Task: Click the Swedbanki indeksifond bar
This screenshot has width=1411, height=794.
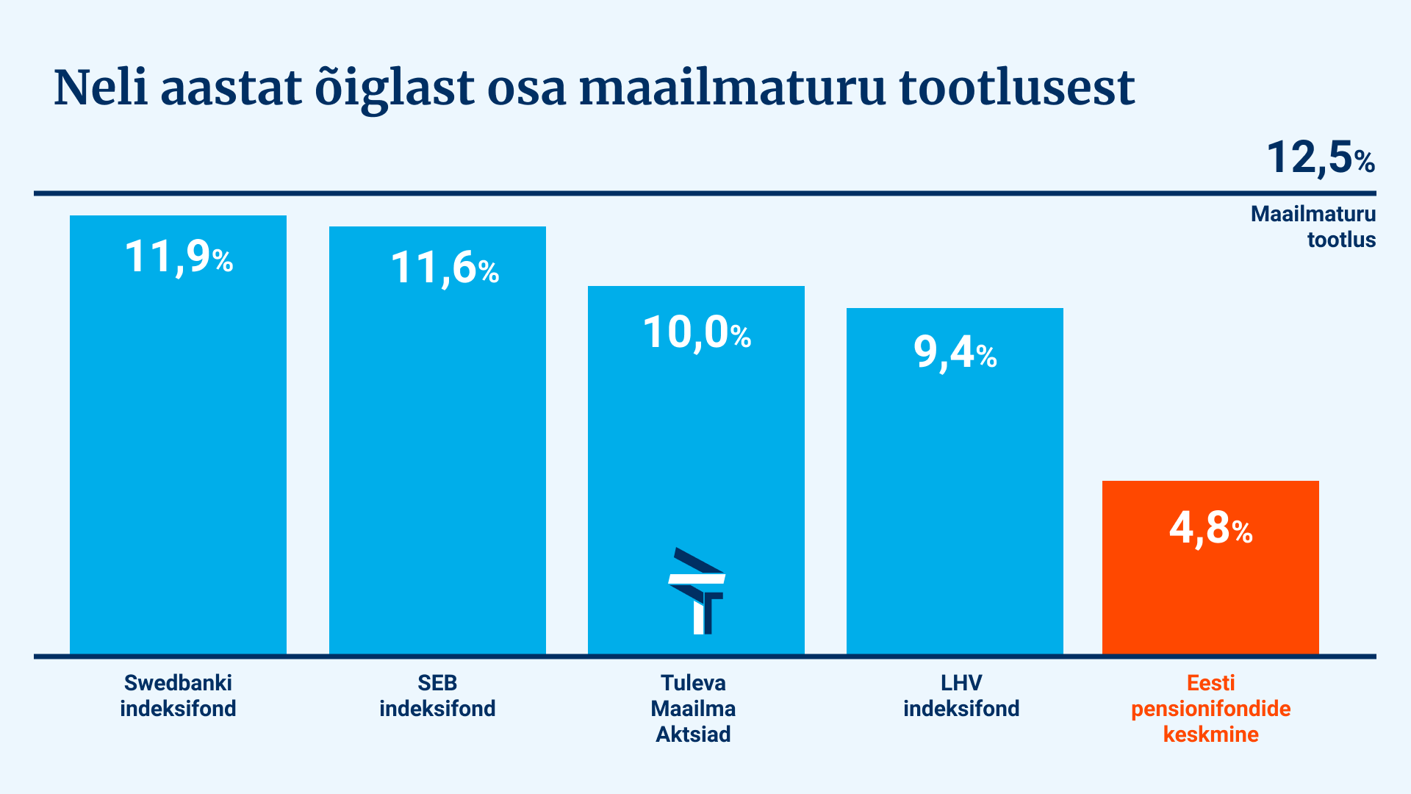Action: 178,434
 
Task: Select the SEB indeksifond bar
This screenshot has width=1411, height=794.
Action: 437,440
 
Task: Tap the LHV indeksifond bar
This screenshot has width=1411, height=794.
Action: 955,481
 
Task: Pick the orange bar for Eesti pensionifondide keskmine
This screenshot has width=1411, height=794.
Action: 1210,568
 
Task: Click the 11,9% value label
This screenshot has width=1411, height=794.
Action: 179,257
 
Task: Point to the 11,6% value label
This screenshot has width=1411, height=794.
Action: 445,268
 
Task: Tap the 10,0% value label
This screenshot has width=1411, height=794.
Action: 697,333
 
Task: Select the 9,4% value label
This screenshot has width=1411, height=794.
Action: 955,353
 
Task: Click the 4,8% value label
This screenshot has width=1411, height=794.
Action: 1210,528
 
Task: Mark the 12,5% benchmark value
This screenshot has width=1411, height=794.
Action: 1321,158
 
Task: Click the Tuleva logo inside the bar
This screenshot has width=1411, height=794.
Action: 697,591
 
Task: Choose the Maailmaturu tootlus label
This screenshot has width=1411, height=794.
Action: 1313,226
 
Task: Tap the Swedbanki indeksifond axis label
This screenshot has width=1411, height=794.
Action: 178,695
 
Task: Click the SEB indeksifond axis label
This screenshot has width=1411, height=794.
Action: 437,695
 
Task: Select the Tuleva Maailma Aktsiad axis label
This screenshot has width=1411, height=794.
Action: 693,708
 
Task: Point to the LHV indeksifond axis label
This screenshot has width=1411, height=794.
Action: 961,695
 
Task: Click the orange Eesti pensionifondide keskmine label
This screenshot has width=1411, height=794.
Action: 1210,708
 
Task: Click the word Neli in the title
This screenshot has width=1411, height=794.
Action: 101,87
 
